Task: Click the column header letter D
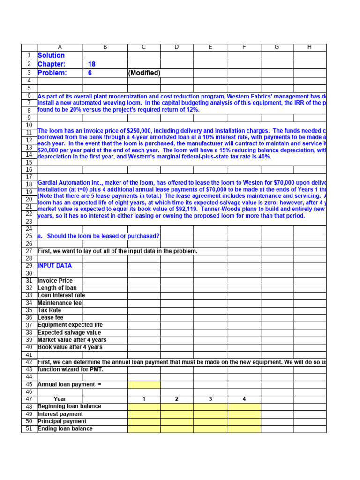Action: (x=177, y=47)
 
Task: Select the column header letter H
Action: (x=309, y=47)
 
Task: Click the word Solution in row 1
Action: (x=51, y=56)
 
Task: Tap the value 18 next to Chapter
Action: (x=92, y=64)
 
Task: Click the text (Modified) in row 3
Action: (x=144, y=73)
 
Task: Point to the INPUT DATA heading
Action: (x=55, y=266)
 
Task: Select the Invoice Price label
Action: (x=55, y=281)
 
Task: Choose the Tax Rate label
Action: (x=49, y=310)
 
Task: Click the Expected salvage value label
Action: (x=69, y=333)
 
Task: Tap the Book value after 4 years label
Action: (x=70, y=347)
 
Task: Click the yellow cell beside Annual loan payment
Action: (x=144, y=385)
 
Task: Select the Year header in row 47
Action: (x=60, y=399)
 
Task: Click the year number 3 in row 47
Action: (x=210, y=399)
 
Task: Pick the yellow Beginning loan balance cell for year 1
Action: (x=144, y=407)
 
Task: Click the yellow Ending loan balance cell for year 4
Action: (x=244, y=429)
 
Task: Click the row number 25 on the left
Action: (x=29, y=236)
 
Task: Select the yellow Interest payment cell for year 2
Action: (x=177, y=414)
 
